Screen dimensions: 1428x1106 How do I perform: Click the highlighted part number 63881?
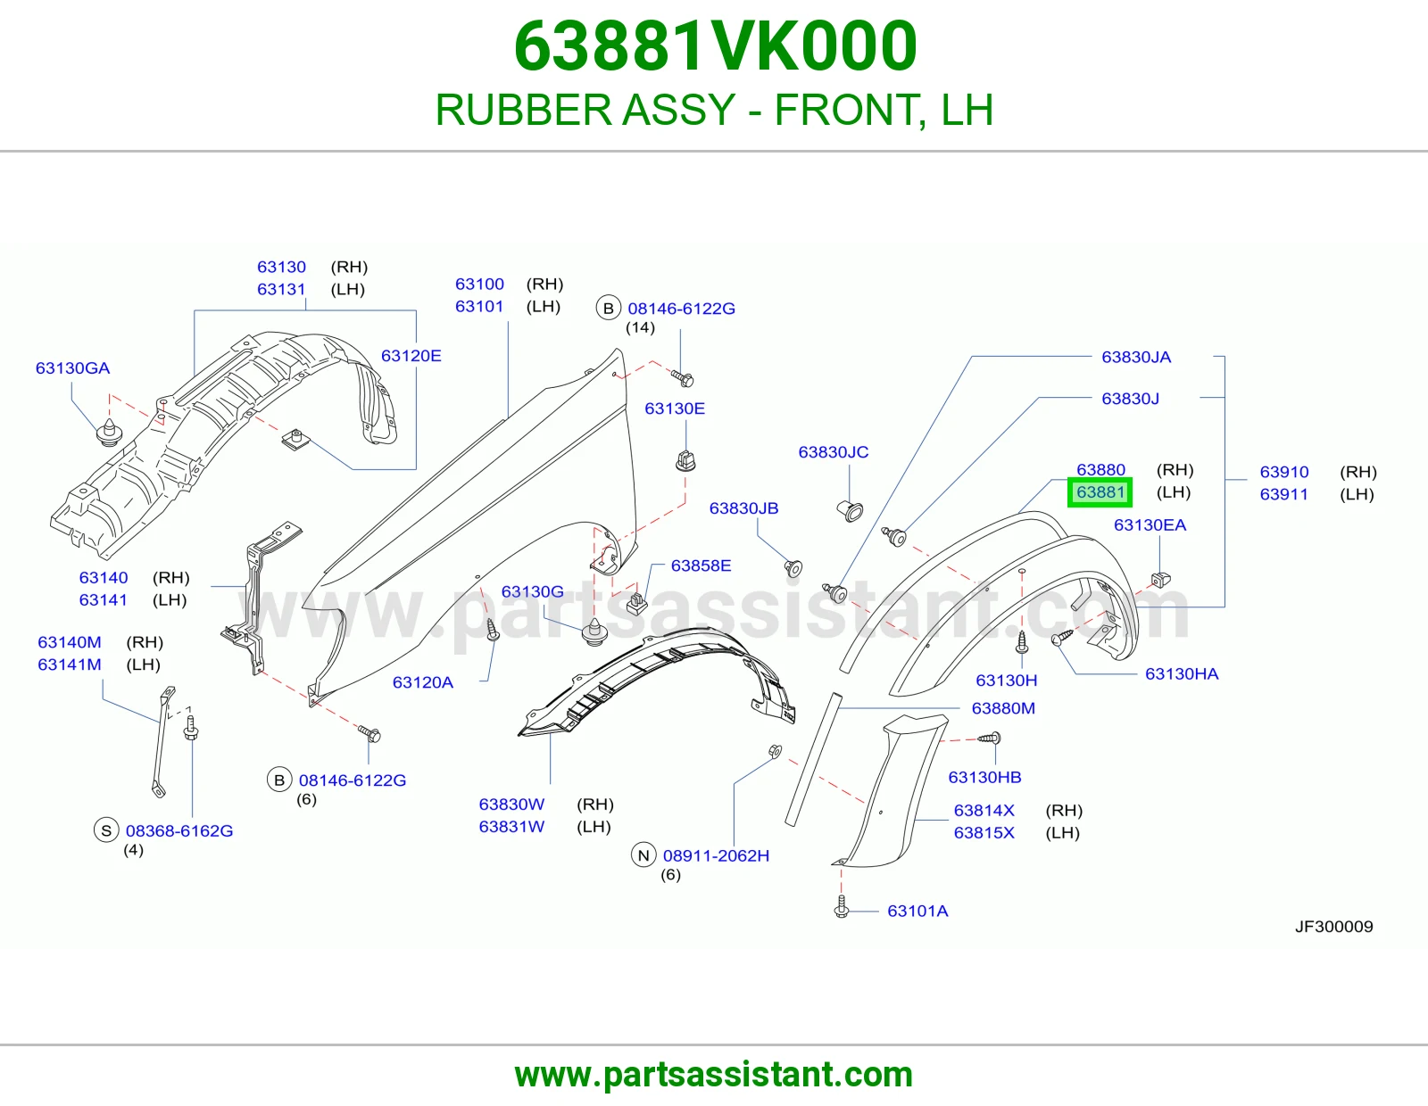(x=1100, y=492)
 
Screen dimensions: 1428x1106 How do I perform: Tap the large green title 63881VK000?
(x=715, y=46)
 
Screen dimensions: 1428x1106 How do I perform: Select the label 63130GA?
(x=72, y=367)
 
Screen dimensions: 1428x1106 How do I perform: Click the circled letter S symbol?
(x=106, y=830)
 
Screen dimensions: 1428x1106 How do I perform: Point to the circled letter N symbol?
(x=643, y=855)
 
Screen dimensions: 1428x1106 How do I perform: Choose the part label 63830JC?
(x=834, y=452)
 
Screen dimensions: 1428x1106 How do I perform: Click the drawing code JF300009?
(x=1334, y=927)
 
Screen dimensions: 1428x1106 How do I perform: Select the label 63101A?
(x=917, y=911)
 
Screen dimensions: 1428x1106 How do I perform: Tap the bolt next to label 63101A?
(x=841, y=908)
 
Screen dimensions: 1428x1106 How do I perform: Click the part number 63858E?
(x=701, y=565)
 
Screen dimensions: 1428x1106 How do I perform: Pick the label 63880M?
(x=1003, y=708)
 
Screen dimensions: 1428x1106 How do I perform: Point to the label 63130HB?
(x=984, y=777)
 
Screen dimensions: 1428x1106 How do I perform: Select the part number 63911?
(x=1283, y=494)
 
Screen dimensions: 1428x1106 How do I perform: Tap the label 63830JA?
(x=1136, y=357)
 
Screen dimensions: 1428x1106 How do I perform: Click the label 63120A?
(x=422, y=682)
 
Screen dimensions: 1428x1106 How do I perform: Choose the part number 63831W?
(x=511, y=826)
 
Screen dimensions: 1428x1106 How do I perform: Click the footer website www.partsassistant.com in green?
(x=714, y=1075)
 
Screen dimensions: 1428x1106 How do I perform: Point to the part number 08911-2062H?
(x=716, y=855)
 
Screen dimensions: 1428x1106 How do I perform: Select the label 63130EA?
(x=1150, y=524)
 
